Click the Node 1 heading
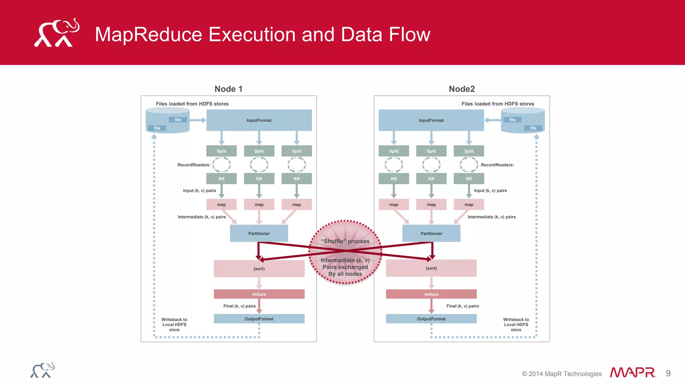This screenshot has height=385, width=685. [x=228, y=89]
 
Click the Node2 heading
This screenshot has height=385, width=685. [x=462, y=89]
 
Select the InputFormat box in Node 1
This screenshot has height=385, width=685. [x=259, y=120]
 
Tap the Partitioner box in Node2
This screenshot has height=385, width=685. [x=431, y=233]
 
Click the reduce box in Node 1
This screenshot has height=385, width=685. [x=259, y=294]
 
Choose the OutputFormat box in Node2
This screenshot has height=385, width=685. [x=431, y=319]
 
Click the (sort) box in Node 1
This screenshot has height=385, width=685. [x=259, y=268]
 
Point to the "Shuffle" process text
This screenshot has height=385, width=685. [x=345, y=241]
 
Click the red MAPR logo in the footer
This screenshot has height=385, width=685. [x=632, y=373]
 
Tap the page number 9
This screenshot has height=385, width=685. [x=668, y=373]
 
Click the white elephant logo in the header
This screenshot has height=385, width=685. [x=57, y=33]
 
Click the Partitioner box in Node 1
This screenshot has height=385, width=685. [x=259, y=233]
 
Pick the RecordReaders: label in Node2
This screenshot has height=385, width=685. [x=497, y=165]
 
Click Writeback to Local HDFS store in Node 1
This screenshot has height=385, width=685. [x=174, y=325]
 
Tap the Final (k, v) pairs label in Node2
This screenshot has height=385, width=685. [x=462, y=306]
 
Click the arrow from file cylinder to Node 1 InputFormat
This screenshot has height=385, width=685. [x=198, y=120]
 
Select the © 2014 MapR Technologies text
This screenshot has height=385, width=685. [x=562, y=374]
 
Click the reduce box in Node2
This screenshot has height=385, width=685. [x=431, y=294]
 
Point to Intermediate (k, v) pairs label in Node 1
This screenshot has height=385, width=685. [x=202, y=217]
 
